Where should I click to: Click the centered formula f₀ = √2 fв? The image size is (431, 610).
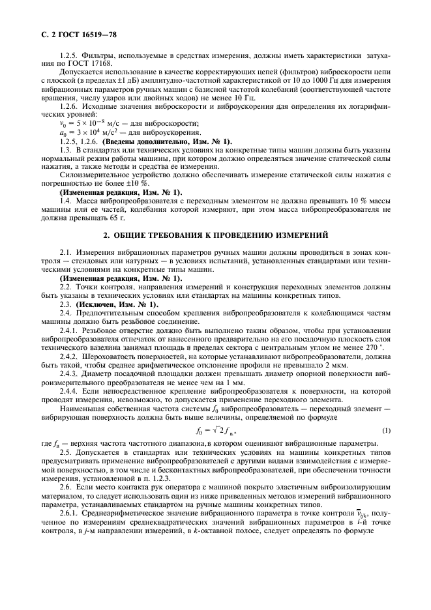(215, 429)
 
